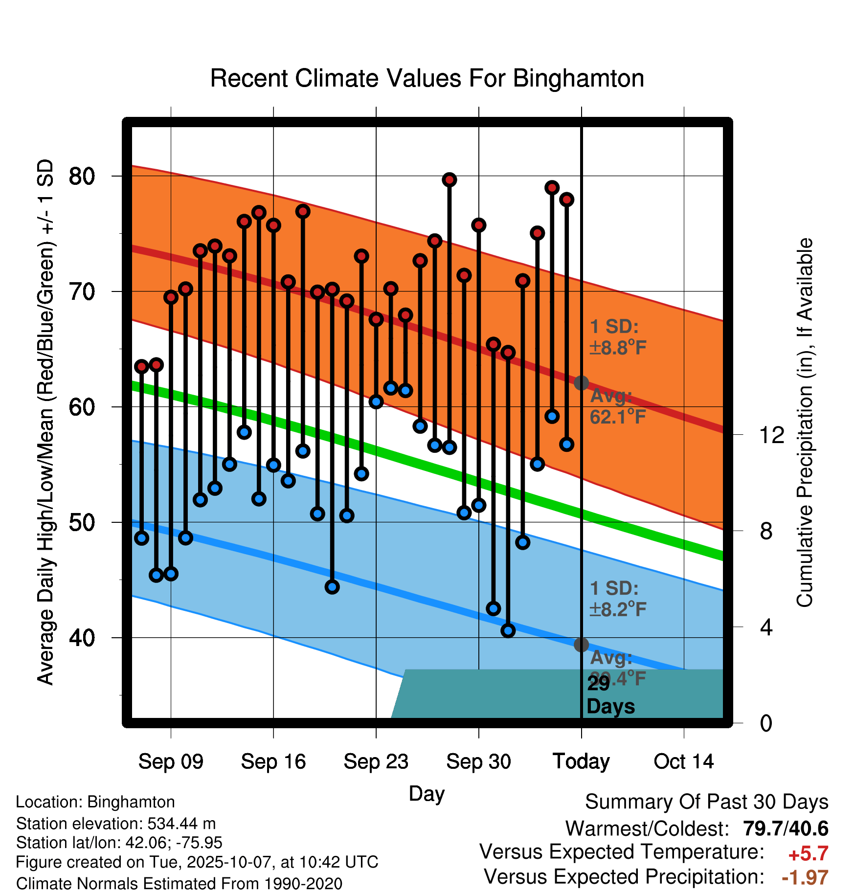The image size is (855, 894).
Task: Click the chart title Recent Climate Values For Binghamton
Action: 427,79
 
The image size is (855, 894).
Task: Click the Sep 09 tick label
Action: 171,762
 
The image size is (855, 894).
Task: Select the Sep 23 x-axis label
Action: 376,762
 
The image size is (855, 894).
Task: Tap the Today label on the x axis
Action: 581,762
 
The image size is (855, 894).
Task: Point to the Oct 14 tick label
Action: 684,762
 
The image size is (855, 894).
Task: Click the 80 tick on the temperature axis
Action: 82,176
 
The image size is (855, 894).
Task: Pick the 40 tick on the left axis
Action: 82,638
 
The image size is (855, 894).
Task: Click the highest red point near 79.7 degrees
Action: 450,180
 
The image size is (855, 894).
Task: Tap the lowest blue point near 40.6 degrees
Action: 508,631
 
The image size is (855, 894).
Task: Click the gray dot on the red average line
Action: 581,383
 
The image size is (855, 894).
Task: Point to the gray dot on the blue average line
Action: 581,645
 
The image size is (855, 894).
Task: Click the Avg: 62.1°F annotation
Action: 617,406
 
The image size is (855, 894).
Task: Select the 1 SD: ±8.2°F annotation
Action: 617,599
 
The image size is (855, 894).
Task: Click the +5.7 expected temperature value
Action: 808,854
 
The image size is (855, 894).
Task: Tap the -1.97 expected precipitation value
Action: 805,877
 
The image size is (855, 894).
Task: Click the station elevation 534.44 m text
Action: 116,824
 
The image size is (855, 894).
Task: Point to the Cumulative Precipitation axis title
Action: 805,423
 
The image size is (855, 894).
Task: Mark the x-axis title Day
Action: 427,794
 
